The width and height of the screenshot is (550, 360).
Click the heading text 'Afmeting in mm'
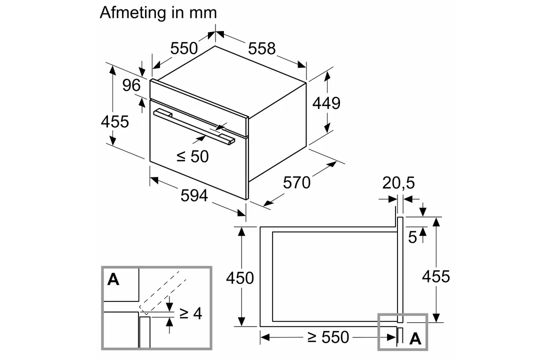pyautogui.click(x=158, y=12)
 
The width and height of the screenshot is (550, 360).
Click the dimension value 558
pyautogui.click(x=261, y=48)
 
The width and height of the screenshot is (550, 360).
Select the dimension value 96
pyautogui.click(x=131, y=85)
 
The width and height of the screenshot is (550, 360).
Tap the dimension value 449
pyautogui.click(x=326, y=103)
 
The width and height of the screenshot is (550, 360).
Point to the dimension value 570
pyautogui.click(x=296, y=183)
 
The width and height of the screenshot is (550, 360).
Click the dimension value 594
pyautogui.click(x=193, y=195)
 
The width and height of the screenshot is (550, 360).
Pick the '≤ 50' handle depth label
pyautogui.click(x=192, y=156)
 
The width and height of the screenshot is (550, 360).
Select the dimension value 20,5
pyautogui.click(x=398, y=183)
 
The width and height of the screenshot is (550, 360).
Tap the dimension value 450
pyautogui.click(x=240, y=278)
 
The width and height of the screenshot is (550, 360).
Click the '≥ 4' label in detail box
pyautogui.click(x=190, y=313)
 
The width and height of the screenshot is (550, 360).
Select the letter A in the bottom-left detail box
pyautogui.click(x=113, y=279)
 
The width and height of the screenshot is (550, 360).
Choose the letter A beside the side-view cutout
pyautogui.click(x=415, y=339)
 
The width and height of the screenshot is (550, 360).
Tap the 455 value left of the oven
pyautogui.click(x=115, y=121)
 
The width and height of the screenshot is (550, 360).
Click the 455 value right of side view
pyautogui.click(x=436, y=276)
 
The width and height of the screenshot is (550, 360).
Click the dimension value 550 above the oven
pyautogui.click(x=184, y=48)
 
